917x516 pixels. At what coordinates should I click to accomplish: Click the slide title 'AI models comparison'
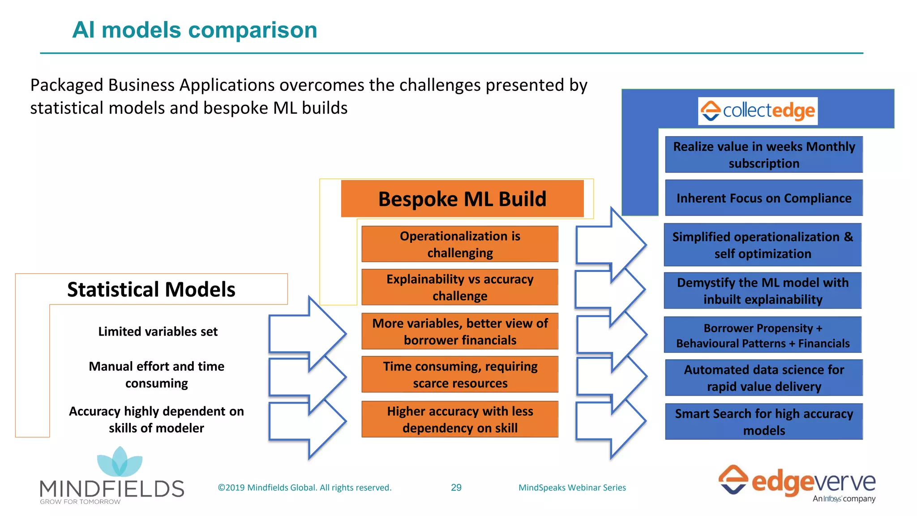[x=194, y=30]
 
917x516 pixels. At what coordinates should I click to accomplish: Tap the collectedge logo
[x=758, y=111]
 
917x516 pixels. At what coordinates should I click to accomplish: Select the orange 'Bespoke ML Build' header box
[x=462, y=199]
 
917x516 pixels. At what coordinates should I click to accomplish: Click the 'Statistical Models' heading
[x=151, y=289]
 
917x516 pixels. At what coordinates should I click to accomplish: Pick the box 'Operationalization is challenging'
[x=460, y=244]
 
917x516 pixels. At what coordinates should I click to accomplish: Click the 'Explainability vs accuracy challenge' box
[x=460, y=287]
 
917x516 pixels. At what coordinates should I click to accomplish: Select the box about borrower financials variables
[x=460, y=331]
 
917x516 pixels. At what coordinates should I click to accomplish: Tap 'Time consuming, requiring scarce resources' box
[x=460, y=374]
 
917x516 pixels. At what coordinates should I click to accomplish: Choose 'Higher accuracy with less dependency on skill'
[x=460, y=419]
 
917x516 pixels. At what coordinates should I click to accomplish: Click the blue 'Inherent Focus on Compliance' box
[x=764, y=198]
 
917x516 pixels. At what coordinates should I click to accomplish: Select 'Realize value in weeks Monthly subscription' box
[x=764, y=155]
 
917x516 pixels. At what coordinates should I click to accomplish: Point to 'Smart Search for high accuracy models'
[x=764, y=421]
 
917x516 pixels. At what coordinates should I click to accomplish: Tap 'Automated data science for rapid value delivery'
[x=764, y=378]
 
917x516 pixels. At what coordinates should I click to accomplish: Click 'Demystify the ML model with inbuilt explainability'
[x=763, y=291]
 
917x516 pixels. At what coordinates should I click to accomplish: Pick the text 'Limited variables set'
[x=158, y=331]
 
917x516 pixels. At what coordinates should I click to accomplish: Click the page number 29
[x=456, y=487]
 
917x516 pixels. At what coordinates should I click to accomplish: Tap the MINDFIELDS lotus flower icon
[x=120, y=462]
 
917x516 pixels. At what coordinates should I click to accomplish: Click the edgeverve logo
[x=797, y=483]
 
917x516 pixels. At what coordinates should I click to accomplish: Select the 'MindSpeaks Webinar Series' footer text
[x=572, y=487]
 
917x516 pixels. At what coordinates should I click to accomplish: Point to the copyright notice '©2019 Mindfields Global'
[x=304, y=487]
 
